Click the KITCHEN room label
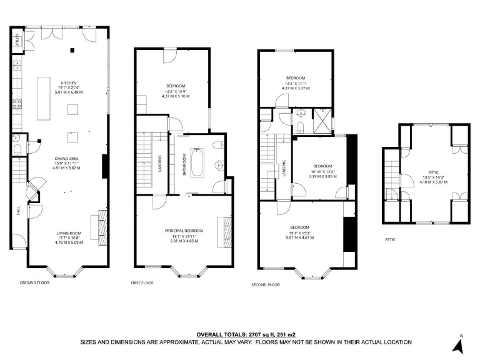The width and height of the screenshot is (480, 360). [x=69, y=83]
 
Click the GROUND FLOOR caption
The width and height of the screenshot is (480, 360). [x=34, y=282]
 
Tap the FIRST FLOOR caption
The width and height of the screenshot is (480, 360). [x=142, y=282]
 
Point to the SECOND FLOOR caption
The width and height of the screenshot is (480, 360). [x=265, y=284]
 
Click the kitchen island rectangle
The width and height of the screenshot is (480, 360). [x=44, y=98]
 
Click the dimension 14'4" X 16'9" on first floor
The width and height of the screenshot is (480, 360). [x=175, y=91]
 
